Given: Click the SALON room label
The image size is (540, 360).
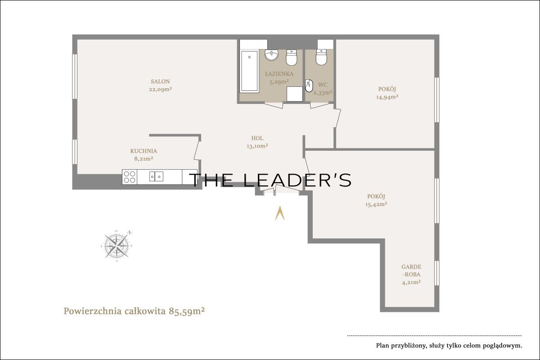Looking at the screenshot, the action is pos(160,81).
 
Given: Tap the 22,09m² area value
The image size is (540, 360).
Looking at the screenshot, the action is pos(160,90).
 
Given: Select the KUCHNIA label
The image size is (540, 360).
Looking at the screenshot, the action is pos(144,151).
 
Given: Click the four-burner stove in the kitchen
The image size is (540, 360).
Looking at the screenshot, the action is pos(130,177).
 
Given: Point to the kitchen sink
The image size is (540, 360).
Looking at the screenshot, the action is pos(156,176).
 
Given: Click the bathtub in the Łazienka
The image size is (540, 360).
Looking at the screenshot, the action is pos(249,71).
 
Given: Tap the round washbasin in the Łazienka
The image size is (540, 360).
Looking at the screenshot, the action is pos(271,55).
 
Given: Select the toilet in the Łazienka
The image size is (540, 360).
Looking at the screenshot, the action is pos(292,58).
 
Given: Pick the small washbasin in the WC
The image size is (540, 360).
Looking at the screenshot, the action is pos(309,86).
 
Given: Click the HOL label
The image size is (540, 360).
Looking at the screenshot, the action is pos(257,138).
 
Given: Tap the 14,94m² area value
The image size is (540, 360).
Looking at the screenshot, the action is pos(387,97).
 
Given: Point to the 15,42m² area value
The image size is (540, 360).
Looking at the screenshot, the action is pos(376,204).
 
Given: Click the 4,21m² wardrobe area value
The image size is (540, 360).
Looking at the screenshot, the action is pos(411,282).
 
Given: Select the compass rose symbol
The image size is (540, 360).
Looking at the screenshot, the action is pos(117,245).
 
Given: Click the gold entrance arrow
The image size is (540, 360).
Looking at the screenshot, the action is pos(279,213).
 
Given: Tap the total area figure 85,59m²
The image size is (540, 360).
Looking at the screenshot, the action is pos(187,311).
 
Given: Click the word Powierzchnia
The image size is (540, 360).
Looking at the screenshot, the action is pos(93,311).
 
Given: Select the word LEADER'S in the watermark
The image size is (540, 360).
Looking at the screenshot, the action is pos(297,180).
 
